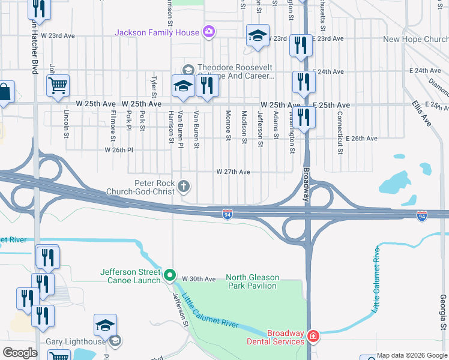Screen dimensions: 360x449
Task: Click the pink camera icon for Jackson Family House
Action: (208, 32)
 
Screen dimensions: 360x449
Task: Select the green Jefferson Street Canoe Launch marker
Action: (170, 276)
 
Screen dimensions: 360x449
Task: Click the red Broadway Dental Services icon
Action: (312, 337)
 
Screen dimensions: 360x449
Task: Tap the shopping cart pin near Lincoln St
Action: (58, 86)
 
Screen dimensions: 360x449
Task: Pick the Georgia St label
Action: (443, 313)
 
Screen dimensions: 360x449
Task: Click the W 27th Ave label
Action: (234, 172)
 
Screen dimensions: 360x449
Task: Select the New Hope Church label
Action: (415, 39)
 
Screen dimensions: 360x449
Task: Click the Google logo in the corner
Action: (20, 353)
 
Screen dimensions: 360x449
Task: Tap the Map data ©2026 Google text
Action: (411, 355)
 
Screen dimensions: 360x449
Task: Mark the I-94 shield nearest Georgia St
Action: (422, 214)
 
